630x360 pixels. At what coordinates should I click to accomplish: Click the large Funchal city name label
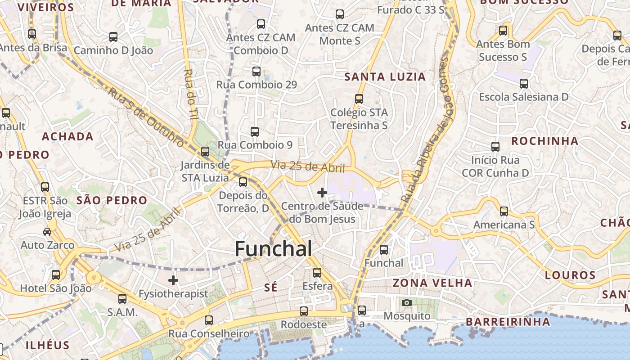coord(273,249)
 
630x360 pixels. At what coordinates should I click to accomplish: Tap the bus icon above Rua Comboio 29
coord(256,72)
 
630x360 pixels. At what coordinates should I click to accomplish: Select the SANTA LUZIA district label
coord(385,77)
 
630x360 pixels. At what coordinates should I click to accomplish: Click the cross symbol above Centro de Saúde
coord(322,193)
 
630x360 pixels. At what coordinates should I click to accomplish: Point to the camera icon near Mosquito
coord(407,302)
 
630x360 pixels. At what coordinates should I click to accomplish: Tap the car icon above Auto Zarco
coord(47,232)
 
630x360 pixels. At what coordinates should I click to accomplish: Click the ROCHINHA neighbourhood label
coord(544,141)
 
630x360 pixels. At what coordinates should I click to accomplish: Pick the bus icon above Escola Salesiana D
coord(523,84)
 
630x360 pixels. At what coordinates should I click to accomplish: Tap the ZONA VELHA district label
coord(432,283)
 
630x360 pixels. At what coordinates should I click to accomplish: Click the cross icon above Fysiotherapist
coord(173,280)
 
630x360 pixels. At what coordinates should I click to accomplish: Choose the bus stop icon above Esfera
coord(317,272)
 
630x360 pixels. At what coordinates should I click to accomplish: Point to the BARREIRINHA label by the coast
coord(508,322)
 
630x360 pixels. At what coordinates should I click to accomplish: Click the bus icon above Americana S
coord(504,211)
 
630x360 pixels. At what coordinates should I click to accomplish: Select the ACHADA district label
coord(67,137)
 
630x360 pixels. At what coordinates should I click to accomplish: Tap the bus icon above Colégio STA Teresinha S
coord(359,99)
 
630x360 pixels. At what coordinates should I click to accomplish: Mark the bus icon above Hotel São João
coord(56,274)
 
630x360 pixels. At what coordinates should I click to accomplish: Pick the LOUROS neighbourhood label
coord(570,275)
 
